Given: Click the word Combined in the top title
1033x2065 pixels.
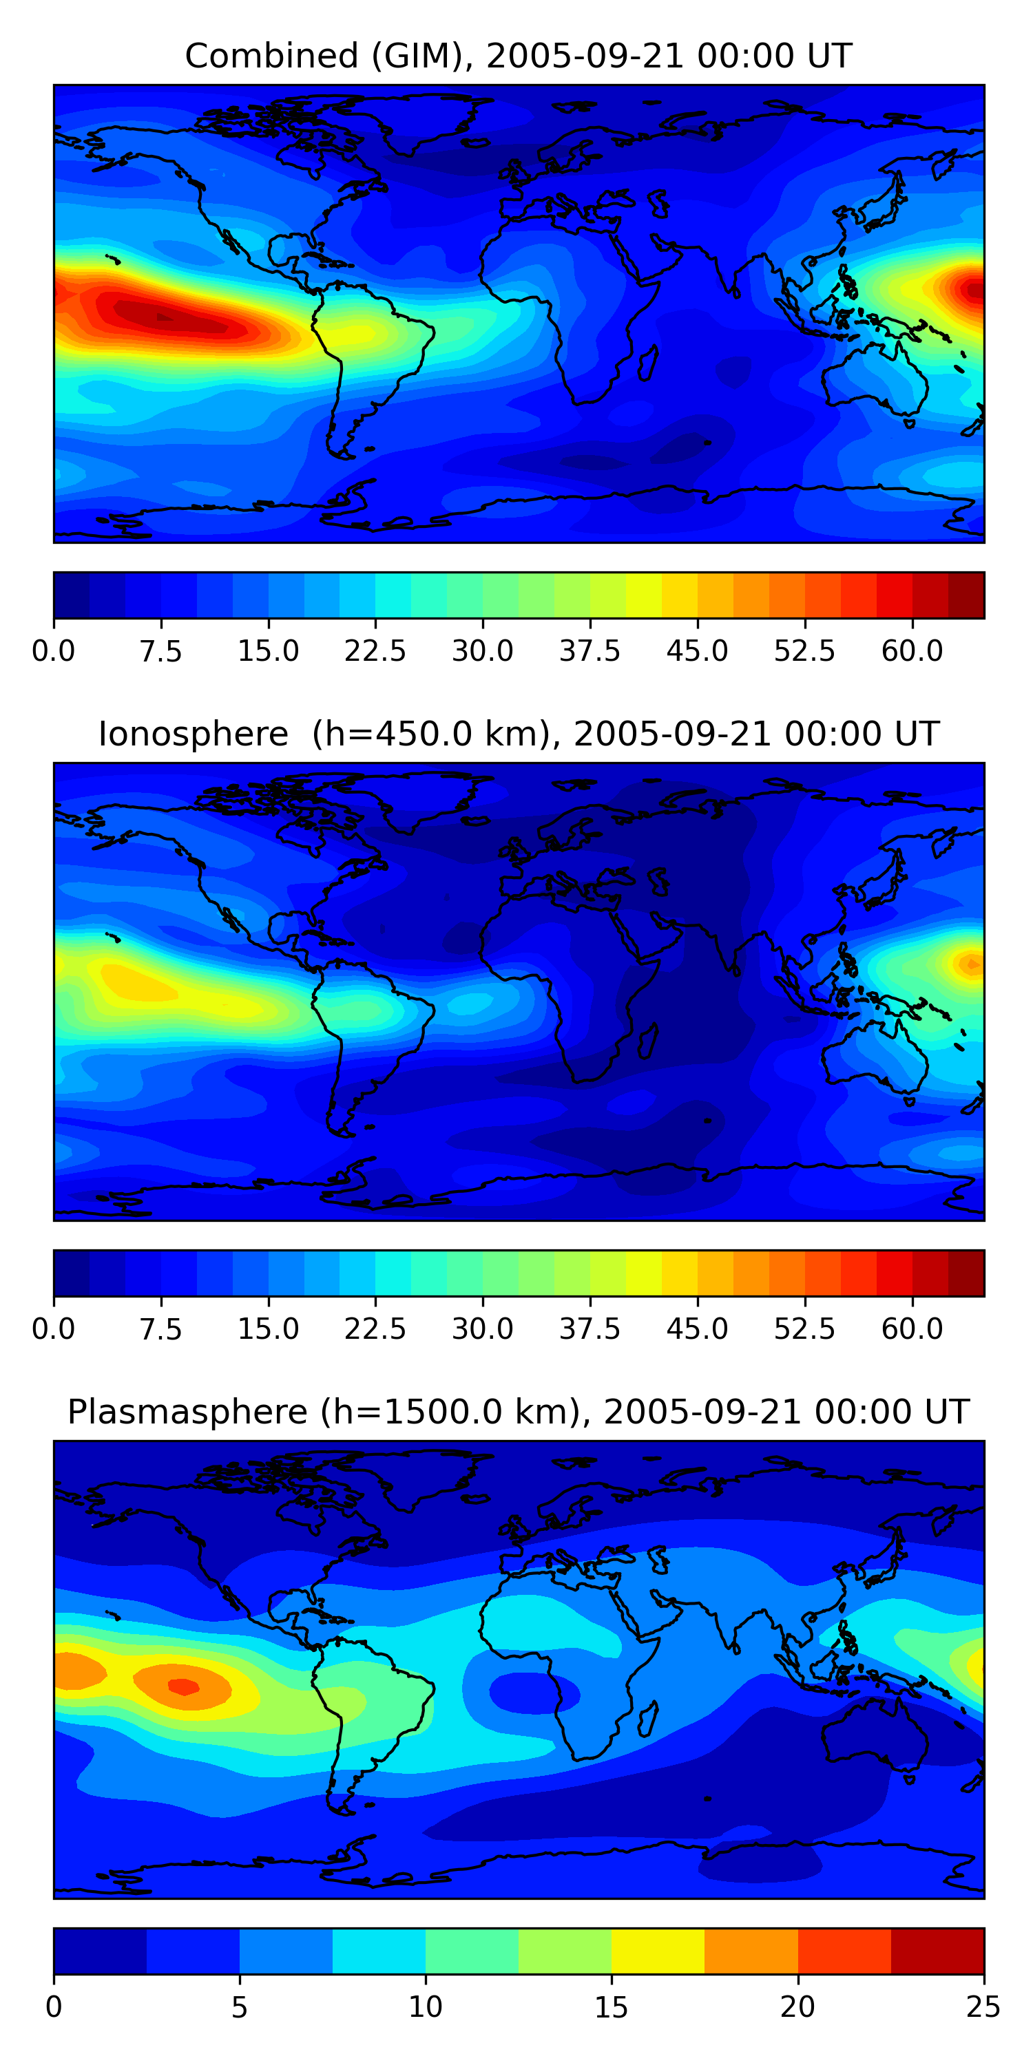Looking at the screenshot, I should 271,56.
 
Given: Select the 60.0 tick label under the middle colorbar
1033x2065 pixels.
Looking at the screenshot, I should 912,1328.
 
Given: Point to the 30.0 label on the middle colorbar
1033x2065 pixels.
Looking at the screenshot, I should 483,1328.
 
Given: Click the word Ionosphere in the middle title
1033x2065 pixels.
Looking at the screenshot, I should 194,734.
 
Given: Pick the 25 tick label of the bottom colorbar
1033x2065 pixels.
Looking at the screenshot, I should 983,2006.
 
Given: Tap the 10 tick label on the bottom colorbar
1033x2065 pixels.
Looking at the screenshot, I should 425,2006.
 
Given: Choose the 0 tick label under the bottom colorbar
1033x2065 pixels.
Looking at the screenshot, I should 54,2006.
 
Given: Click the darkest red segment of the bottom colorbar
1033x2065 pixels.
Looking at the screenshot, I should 937,1950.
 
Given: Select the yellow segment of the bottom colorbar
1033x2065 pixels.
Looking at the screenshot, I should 658,1950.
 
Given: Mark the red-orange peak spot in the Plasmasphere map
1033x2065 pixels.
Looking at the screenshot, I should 183,1686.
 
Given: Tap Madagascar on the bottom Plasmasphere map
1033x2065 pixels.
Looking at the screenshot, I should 649,1718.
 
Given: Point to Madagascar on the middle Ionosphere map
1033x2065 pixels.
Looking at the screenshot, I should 649,1041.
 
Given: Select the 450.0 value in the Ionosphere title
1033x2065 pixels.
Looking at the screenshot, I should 387,734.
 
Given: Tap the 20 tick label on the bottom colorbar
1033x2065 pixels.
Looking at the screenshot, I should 797,2006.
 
